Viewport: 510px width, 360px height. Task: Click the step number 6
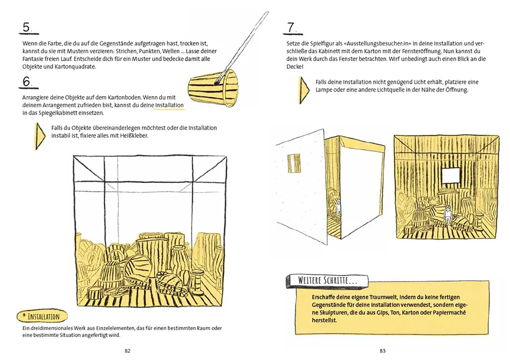pyautogui.click(x=27, y=82)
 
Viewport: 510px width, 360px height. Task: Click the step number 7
pyautogui.click(x=291, y=27)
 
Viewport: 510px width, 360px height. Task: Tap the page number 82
pyautogui.click(x=127, y=351)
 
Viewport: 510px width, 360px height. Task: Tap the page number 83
pyautogui.click(x=382, y=351)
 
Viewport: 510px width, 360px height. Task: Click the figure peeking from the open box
pyautogui.click(x=338, y=208)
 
